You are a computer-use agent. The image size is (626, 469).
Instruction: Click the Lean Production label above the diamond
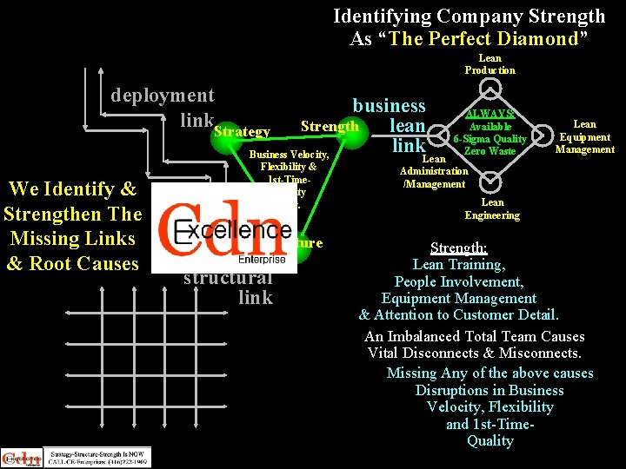[x=489, y=64]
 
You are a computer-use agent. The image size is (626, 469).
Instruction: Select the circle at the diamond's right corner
[x=544, y=135]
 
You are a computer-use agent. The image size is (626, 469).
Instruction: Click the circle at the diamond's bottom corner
[x=490, y=182]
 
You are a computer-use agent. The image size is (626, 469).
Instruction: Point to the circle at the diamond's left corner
[x=436, y=135]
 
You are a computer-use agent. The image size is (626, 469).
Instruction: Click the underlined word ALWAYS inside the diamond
[x=491, y=114]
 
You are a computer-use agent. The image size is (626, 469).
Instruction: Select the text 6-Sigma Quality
[x=490, y=139]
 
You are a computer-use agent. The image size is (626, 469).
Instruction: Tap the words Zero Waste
[x=490, y=151]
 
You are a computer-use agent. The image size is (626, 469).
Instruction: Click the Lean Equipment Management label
[x=584, y=137]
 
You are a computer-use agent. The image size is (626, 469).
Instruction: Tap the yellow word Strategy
[x=241, y=132]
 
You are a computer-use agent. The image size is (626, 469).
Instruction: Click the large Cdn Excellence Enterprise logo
[x=228, y=228]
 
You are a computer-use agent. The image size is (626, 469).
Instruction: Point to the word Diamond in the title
[x=538, y=38]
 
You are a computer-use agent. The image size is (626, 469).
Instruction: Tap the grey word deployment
[x=162, y=95]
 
